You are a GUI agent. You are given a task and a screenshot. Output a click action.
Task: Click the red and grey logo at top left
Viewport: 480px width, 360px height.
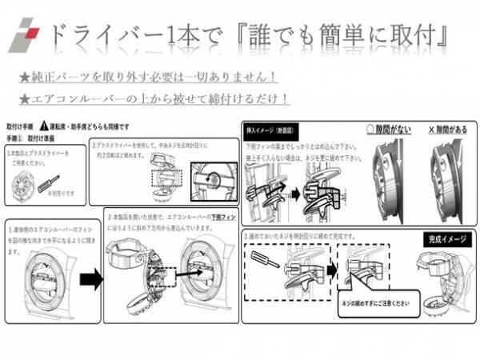pos(26,36)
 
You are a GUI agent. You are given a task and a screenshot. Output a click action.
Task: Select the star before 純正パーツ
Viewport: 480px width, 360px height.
pos(25,78)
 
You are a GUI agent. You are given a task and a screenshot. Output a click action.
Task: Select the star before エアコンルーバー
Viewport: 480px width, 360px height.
pos(25,99)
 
